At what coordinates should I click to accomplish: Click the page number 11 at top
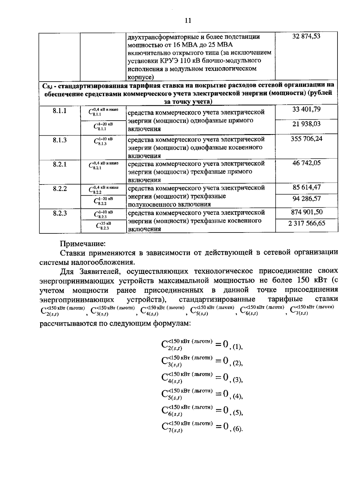point(188,20)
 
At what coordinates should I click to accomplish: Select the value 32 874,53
point(306,36)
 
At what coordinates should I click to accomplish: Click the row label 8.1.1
point(60,111)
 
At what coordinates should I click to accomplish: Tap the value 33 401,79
point(306,109)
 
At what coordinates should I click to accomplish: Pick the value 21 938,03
point(306,124)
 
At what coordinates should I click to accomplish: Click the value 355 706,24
point(306,139)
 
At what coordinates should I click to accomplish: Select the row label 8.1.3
point(60,140)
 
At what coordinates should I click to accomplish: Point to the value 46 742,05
point(306,163)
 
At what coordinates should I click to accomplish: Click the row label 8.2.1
point(60,164)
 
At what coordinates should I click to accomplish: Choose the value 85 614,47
point(306,187)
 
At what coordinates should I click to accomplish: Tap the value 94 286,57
point(306,199)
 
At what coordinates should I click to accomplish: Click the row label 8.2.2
point(60,189)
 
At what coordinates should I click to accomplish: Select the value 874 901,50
point(306,212)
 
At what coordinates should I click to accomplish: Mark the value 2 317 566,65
point(306,223)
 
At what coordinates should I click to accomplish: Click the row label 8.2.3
point(60,213)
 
